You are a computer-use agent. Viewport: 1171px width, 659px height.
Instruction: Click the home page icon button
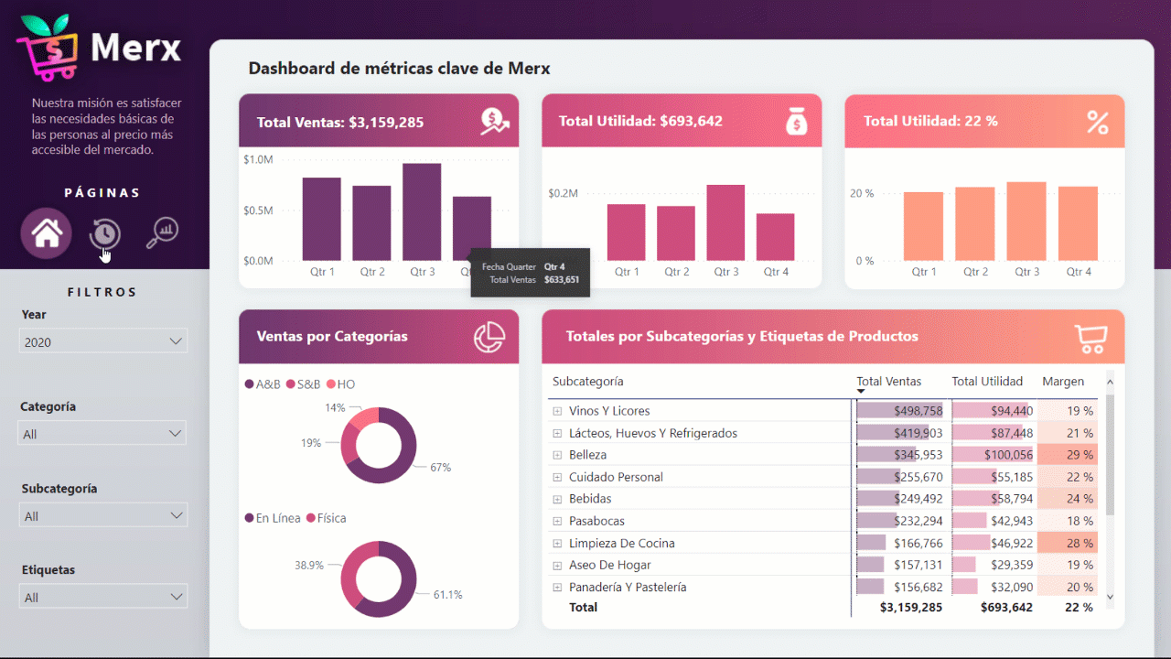pyautogui.click(x=47, y=233)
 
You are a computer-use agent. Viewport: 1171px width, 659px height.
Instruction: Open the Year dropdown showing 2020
pyautogui.click(x=103, y=341)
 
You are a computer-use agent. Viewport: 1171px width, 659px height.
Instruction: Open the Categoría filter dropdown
pyautogui.click(x=103, y=434)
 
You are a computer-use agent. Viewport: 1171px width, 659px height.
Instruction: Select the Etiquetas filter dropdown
pyautogui.click(x=103, y=597)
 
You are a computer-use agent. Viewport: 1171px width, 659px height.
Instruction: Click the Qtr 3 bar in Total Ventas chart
pyautogui.click(x=422, y=212)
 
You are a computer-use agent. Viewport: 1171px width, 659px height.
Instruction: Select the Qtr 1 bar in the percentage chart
pyautogui.click(x=923, y=226)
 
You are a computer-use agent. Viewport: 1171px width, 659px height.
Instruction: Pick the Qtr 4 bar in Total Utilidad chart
pyautogui.click(x=775, y=237)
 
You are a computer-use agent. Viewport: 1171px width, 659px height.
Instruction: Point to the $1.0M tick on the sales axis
pyautogui.click(x=258, y=160)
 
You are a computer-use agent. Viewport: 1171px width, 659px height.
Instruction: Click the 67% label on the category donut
pyautogui.click(x=441, y=468)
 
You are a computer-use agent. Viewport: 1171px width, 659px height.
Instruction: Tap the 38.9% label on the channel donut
pyautogui.click(x=308, y=566)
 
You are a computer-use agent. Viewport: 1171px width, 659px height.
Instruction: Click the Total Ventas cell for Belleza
pyautogui.click(x=900, y=455)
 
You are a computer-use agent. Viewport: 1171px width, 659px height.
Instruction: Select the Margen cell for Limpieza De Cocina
pyautogui.click(x=1067, y=543)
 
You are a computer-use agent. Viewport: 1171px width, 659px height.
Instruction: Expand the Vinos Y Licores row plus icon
pyautogui.click(x=557, y=411)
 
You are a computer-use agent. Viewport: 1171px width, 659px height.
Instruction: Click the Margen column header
pyautogui.click(x=1063, y=382)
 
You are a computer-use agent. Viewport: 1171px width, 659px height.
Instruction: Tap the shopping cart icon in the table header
pyautogui.click(x=1090, y=337)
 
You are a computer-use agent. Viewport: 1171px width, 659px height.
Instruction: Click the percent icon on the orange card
pyautogui.click(x=1097, y=122)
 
